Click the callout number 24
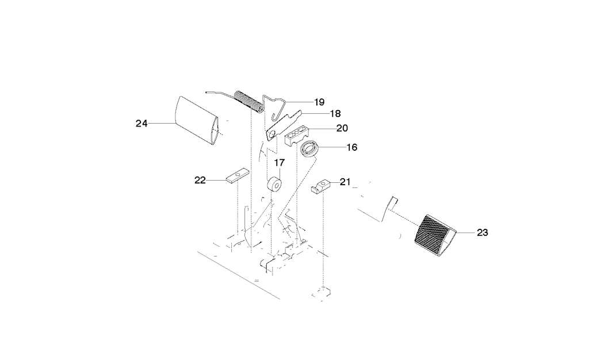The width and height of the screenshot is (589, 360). tap(141, 123)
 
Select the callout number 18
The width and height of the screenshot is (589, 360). tap(335, 113)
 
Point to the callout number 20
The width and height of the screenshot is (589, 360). tap(342, 128)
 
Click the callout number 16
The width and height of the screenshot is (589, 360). tap(351, 147)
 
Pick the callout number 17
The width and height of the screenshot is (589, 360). tap(280, 163)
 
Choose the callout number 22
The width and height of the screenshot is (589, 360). tap(200, 181)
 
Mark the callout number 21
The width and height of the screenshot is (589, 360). tap(345, 182)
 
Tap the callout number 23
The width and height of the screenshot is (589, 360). tap(483, 233)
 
